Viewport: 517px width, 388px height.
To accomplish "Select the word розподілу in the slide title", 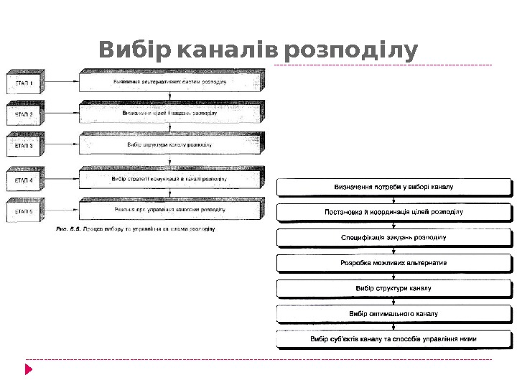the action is pos(351,51).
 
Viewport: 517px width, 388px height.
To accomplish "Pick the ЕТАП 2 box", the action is pos(24,114).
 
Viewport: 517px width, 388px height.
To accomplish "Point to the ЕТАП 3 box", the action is pos(24,144).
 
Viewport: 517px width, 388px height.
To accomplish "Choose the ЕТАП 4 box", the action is pos(24,179).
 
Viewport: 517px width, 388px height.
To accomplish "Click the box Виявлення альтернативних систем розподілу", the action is pos(171,82).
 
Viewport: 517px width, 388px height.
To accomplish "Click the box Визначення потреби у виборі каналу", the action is pos(393,188).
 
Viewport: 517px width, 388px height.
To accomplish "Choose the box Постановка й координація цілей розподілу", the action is pos(393,213).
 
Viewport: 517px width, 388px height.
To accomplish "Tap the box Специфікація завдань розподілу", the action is pos(393,237).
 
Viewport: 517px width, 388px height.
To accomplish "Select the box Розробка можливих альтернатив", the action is pos(393,263).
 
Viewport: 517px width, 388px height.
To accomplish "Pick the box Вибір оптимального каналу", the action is pos(393,313).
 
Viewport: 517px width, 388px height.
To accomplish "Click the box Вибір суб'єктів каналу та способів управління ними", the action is pos(393,338).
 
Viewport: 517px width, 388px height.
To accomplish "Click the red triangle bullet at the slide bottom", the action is pos(29,369).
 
